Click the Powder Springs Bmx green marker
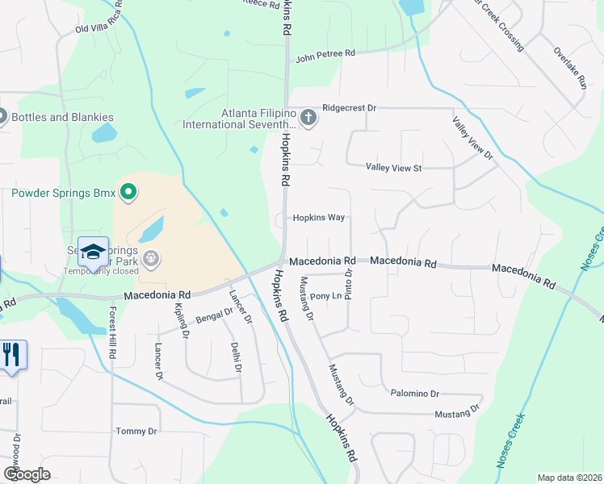tap(128, 193)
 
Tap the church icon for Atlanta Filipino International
tap(308, 119)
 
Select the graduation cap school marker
tap(93, 252)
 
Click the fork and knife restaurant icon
tap(11, 354)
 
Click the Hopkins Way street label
tap(319, 218)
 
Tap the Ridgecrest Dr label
tap(350, 107)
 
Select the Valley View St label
tap(394, 168)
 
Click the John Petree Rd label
tap(325, 56)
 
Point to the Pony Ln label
tap(327, 297)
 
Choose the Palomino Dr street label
tap(413, 394)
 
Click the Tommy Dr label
tap(136, 432)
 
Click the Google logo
tap(27, 474)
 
